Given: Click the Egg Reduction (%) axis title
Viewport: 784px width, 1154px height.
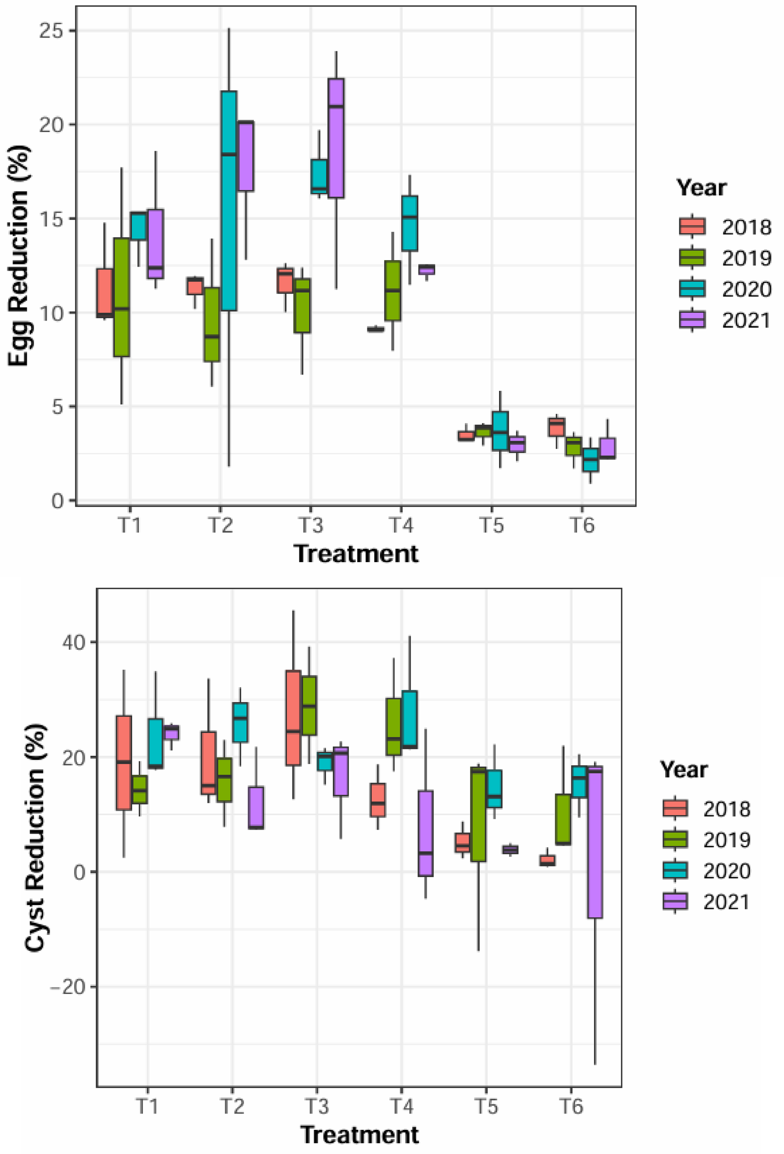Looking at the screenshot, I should click(x=19, y=256).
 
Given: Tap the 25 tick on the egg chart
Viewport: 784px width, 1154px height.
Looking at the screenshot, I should click(x=51, y=31).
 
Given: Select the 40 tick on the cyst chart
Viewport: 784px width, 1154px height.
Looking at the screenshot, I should click(x=73, y=642).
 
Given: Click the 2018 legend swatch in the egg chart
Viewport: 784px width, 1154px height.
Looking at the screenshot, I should click(x=692, y=227).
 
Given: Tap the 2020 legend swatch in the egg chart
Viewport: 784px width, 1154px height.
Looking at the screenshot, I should click(x=692, y=288).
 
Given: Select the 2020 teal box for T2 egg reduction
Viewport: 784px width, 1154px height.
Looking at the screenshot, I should click(x=229, y=201).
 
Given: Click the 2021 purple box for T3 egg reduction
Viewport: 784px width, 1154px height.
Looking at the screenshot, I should click(x=336, y=138).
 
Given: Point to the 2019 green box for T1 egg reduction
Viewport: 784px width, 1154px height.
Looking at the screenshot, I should click(x=121, y=297).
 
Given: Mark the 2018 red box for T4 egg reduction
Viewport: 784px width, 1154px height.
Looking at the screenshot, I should click(x=376, y=329).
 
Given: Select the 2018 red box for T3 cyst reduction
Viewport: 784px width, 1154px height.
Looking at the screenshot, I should click(x=293, y=718).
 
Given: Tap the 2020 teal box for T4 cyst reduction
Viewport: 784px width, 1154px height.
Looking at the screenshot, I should click(x=410, y=719).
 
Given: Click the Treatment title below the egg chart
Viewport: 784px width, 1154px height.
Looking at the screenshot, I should click(x=356, y=554).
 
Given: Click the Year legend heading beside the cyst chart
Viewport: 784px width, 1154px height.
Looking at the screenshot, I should click(x=683, y=769).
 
